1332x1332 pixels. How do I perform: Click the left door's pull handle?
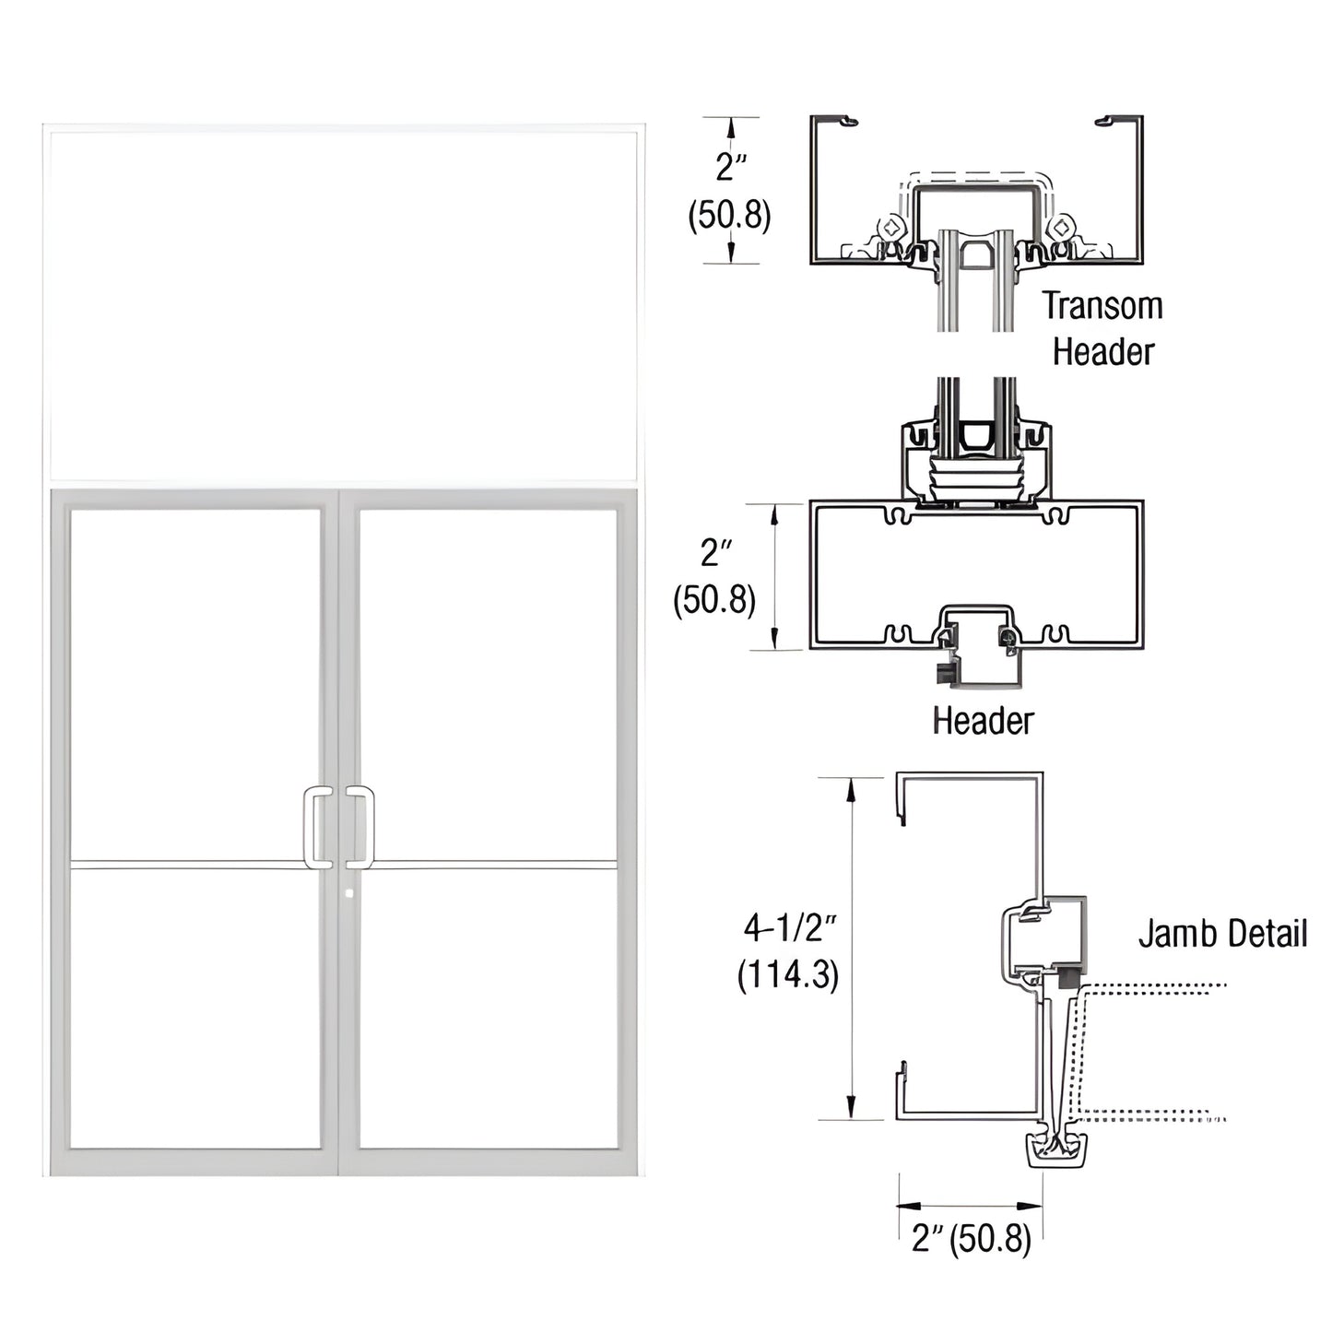coord(317,827)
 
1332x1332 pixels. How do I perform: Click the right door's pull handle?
coord(361,827)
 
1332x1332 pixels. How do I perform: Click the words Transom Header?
coord(1102,328)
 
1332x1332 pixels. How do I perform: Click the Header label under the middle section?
coord(983,720)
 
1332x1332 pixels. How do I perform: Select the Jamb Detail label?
coord(1222,933)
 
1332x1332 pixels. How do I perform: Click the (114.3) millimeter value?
coord(788,974)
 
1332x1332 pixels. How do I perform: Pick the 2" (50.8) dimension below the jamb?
coord(971,1239)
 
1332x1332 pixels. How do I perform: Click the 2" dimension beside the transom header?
coord(730,167)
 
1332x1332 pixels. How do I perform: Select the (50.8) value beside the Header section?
coord(714,600)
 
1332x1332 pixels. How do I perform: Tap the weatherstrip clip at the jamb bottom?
coord(1056,1150)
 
